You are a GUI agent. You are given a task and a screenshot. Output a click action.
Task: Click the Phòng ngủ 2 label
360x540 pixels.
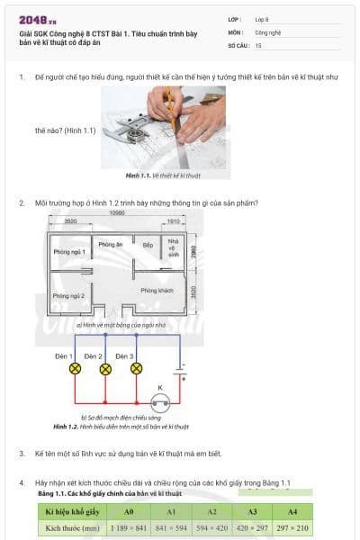click(x=68, y=295)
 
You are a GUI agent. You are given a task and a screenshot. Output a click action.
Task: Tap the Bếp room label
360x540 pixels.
click(x=148, y=245)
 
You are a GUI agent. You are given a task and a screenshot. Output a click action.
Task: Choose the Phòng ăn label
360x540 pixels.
click(x=111, y=245)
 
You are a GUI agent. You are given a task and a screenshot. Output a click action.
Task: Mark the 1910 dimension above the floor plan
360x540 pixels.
click(x=175, y=220)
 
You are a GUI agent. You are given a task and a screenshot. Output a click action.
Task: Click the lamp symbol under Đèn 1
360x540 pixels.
click(x=75, y=369)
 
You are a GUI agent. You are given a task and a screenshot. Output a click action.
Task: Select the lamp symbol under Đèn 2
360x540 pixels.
click(x=106, y=369)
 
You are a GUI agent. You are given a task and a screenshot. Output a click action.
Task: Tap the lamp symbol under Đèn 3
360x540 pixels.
click(x=137, y=369)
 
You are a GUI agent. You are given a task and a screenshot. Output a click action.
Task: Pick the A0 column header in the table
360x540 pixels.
click(x=128, y=511)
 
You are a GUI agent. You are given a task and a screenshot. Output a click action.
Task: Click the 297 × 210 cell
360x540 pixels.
click(x=292, y=527)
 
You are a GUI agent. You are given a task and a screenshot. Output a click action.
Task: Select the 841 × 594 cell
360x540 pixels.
click(x=169, y=527)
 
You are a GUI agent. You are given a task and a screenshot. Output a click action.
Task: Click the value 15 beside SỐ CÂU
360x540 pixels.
click(x=258, y=44)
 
